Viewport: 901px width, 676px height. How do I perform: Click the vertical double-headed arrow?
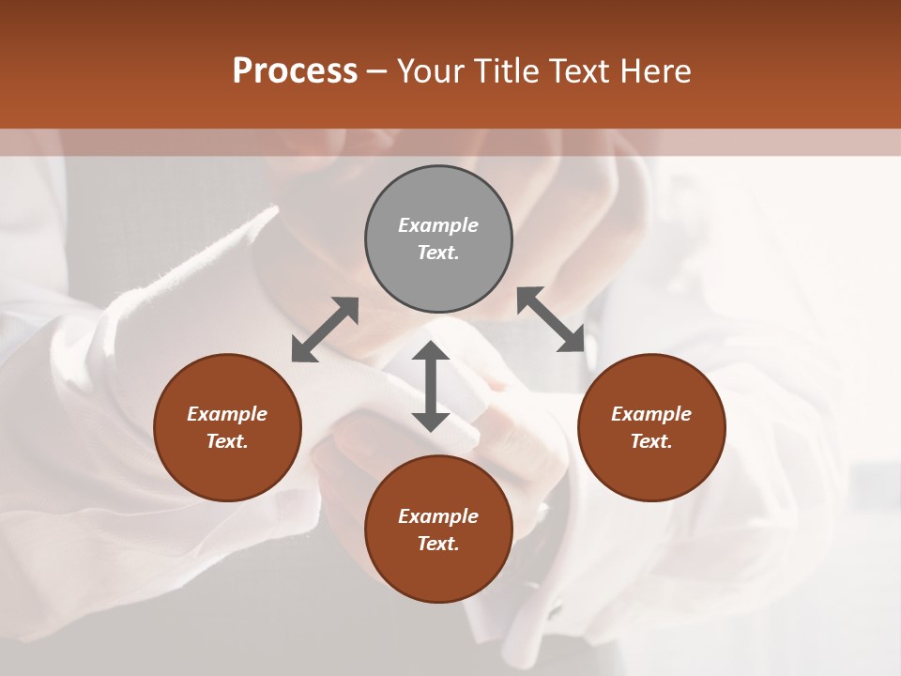click(x=431, y=386)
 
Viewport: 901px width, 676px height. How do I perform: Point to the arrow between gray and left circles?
click(x=325, y=330)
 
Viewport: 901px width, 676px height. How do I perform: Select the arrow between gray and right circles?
click(x=551, y=319)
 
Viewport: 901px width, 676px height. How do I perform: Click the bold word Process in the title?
click(x=295, y=70)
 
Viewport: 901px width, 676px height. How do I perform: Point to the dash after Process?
click(x=377, y=71)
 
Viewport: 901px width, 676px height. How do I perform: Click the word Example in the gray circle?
click(x=438, y=225)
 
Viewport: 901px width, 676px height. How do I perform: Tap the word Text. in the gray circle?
click(x=438, y=253)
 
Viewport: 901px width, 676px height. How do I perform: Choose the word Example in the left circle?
click(x=227, y=414)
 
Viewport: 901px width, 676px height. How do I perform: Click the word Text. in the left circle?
click(x=227, y=441)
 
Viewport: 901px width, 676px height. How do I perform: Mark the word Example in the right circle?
click(x=651, y=414)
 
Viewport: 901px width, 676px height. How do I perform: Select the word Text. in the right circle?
click(x=651, y=441)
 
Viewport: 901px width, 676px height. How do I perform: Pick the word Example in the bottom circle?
click(x=438, y=516)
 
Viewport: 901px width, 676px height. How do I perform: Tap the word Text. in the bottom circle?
click(x=438, y=544)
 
